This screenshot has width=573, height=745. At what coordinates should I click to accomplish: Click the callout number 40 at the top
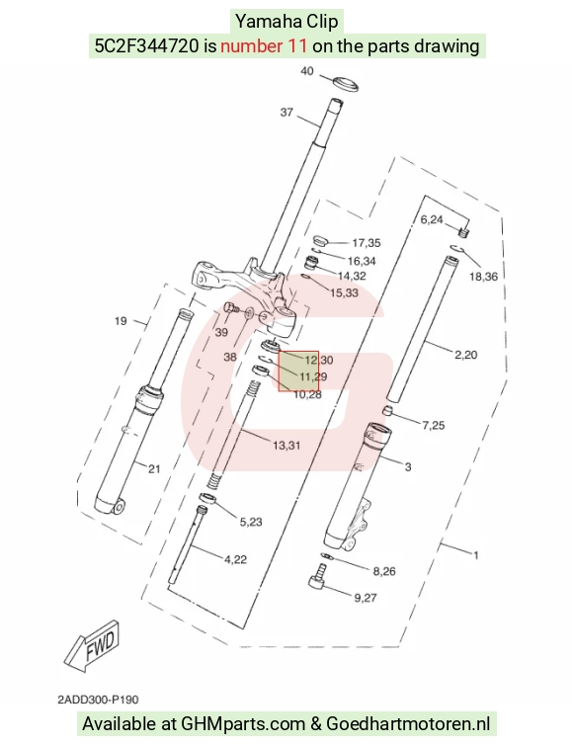point(307,71)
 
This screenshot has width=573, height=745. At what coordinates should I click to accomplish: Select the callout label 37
point(286,113)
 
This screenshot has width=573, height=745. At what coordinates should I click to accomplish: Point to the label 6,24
point(432,219)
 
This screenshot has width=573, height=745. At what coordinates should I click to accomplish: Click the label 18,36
point(483,277)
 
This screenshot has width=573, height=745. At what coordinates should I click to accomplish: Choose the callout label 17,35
point(367,243)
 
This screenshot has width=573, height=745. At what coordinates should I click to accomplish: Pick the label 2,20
point(465,355)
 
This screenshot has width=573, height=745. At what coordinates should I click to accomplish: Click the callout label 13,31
point(286,446)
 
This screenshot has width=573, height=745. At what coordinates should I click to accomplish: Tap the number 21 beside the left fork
point(154,469)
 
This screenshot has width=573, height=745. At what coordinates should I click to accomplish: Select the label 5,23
point(251,522)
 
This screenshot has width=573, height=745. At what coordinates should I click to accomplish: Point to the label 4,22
point(236,559)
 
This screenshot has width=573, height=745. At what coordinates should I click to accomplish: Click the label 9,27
point(366,598)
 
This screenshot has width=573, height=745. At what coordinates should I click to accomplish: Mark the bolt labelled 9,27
point(319,576)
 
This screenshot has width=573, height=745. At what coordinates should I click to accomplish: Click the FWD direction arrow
point(92,645)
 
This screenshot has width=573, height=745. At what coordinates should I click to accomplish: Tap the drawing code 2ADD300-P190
point(99,700)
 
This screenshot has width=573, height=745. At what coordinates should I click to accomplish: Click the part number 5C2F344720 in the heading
point(146,46)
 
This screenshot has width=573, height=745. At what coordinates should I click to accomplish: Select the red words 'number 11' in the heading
point(264,46)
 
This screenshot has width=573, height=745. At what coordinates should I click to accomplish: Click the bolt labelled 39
point(231,307)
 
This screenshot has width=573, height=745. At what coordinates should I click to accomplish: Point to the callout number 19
point(121,321)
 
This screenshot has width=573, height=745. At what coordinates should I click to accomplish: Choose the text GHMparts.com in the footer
point(243,724)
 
